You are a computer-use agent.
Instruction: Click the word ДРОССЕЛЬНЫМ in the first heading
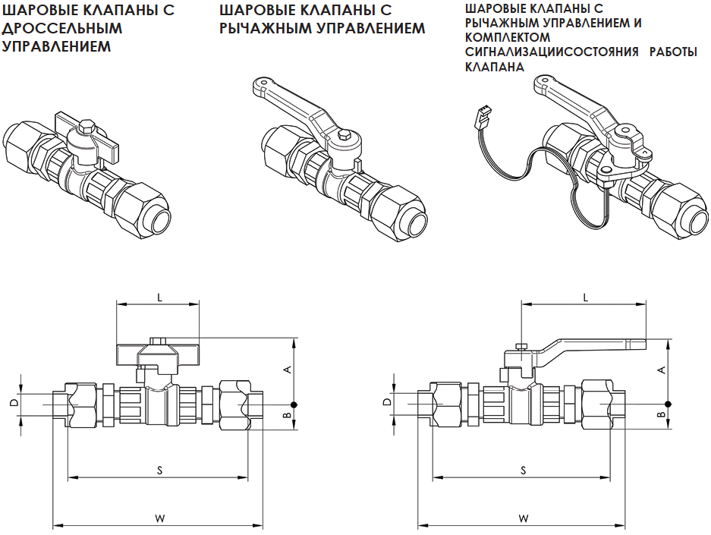pyautogui.click(x=63, y=29)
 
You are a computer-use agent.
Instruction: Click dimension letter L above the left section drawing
pyautogui.click(x=159, y=297)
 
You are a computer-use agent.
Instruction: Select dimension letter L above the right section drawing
pyautogui.click(x=586, y=297)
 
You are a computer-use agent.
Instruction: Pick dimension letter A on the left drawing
pyautogui.click(x=287, y=370)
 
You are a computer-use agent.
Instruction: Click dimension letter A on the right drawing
pyautogui.click(x=661, y=370)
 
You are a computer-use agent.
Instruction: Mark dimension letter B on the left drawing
pyautogui.click(x=287, y=416)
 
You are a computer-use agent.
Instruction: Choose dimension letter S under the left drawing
pyautogui.click(x=159, y=470)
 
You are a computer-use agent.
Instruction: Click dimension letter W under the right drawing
pyautogui.click(x=524, y=518)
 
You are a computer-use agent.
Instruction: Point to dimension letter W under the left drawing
pyautogui.click(x=159, y=518)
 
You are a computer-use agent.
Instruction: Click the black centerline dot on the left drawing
pyautogui.click(x=294, y=404)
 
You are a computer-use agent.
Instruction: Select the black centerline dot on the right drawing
pyautogui.click(x=668, y=404)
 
